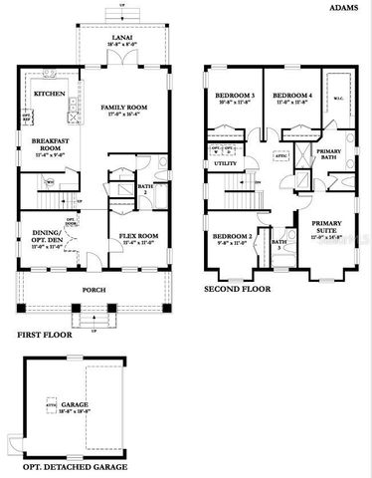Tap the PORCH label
point(94,289)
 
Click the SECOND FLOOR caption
point(237,289)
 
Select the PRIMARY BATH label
point(329,154)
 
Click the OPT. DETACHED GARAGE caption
point(67,465)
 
